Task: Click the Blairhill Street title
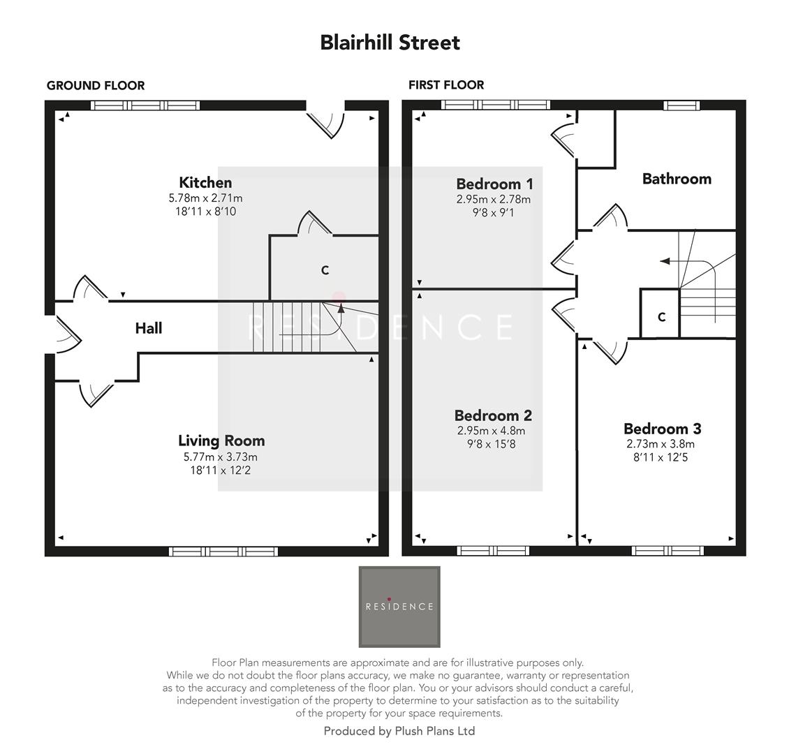coord(390,43)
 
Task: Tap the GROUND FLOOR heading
coord(96,85)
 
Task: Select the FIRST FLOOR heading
coord(446,84)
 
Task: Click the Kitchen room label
coord(205,183)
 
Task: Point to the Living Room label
coord(221,441)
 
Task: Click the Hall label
coord(149,328)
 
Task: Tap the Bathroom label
coord(677,179)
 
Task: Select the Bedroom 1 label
coord(494,184)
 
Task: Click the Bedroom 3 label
coord(662,429)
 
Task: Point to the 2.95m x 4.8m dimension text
coord(493,431)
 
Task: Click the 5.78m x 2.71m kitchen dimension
coord(205,198)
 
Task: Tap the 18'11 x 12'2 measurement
coord(221,471)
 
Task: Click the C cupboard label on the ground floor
coord(325,270)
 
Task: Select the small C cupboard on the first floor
coord(661,317)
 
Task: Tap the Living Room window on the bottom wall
coord(223,552)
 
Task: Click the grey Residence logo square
coord(399,606)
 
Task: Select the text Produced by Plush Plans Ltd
coord(399,731)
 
